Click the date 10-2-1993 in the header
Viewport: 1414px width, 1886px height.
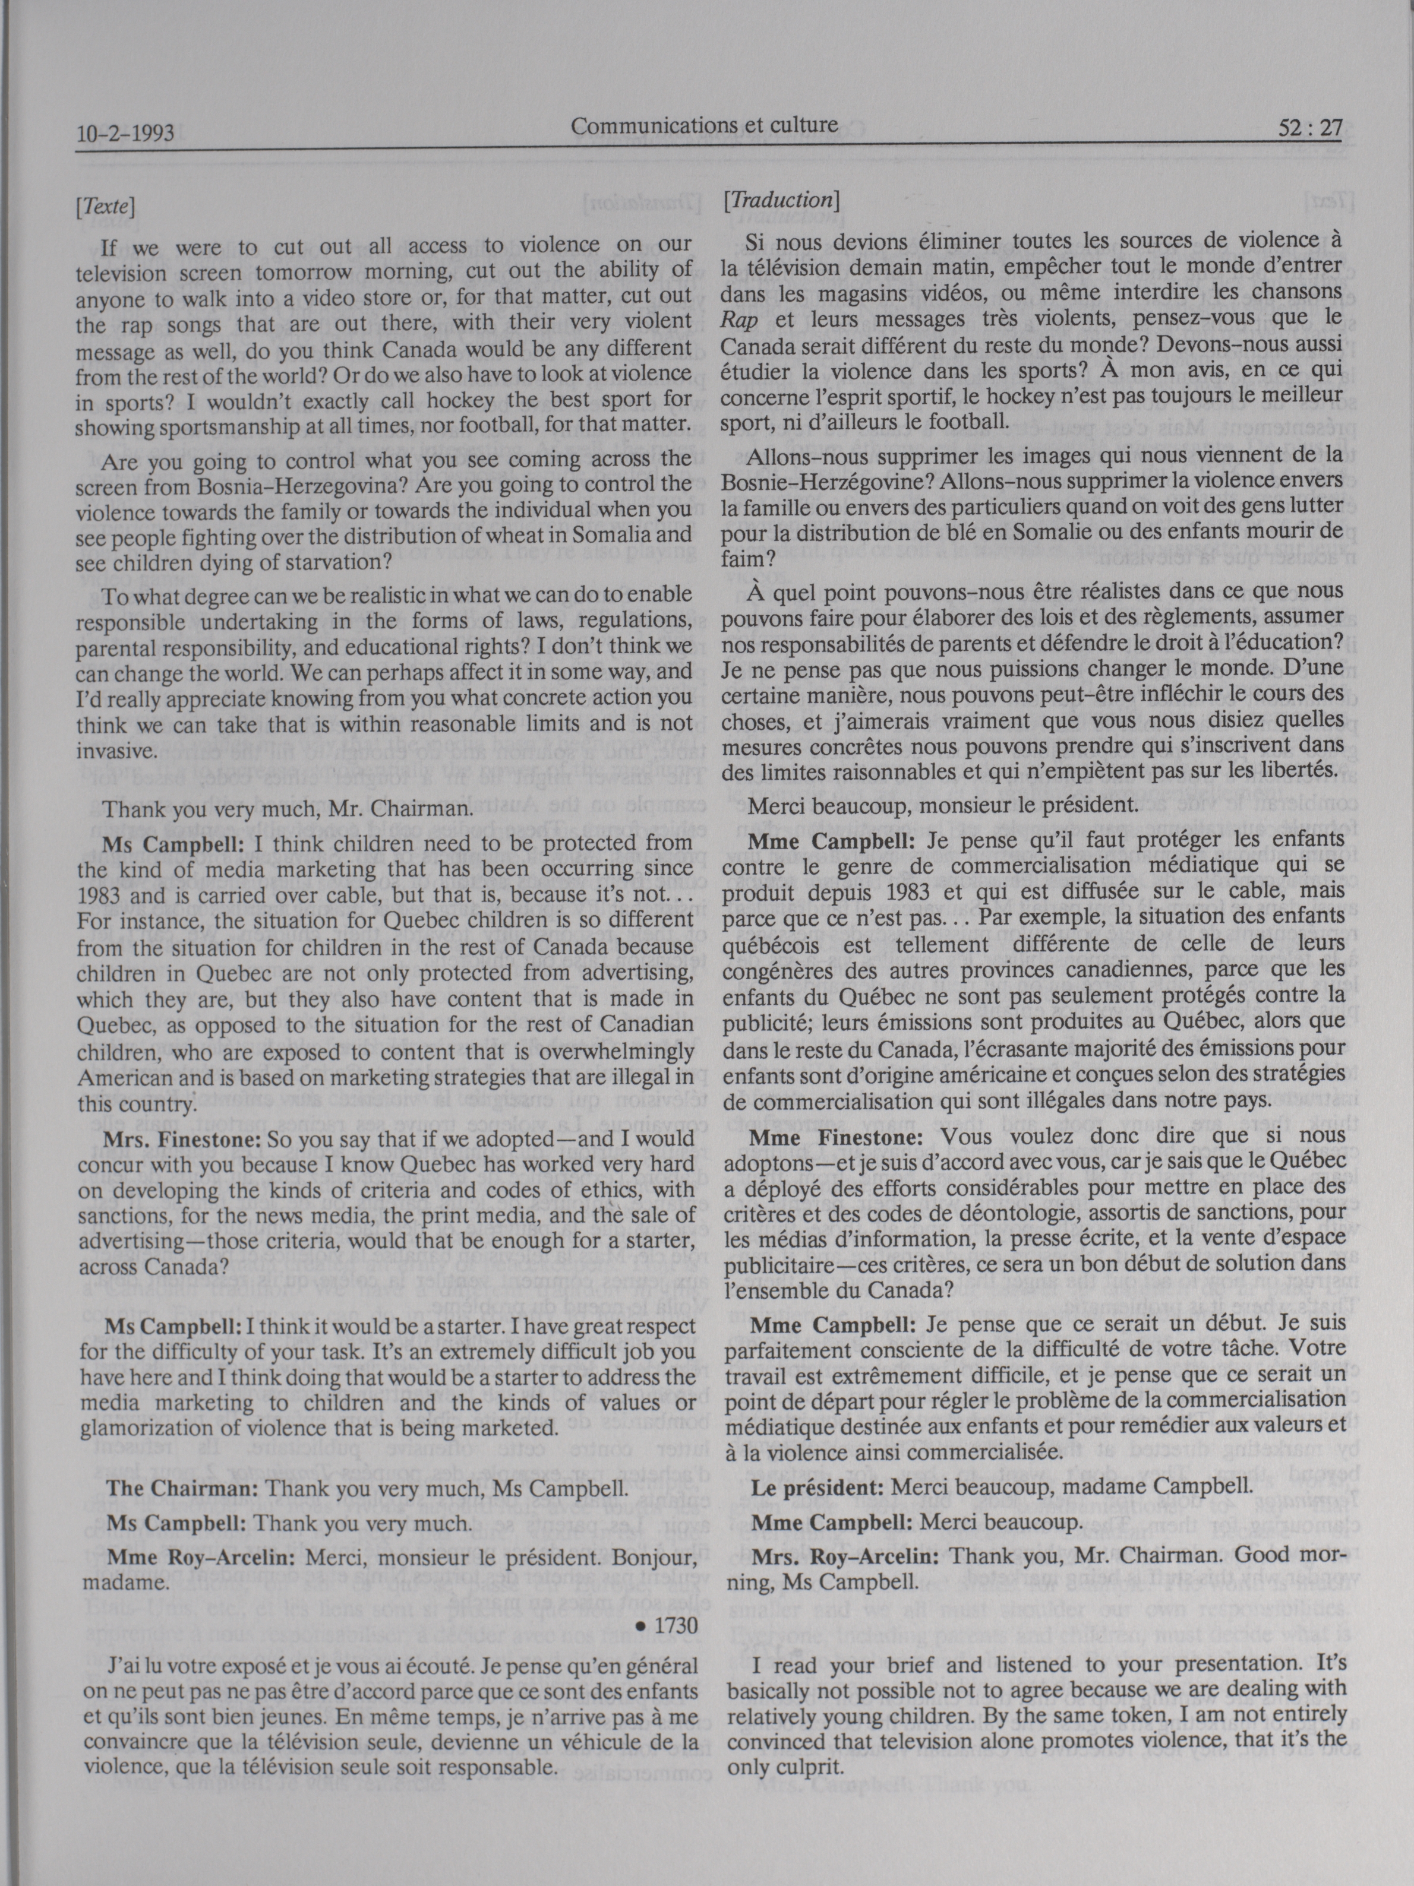(x=125, y=133)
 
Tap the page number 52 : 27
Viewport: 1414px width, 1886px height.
(x=1311, y=128)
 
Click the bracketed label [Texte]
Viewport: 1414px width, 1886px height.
(x=105, y=205)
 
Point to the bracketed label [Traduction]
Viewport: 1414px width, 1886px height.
(x=781, y=200)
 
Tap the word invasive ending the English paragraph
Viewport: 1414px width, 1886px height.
(x=115, y=752)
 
